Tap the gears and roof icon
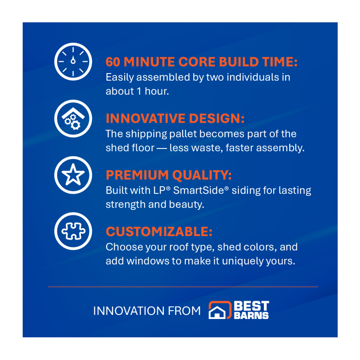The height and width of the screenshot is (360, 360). (73, 118)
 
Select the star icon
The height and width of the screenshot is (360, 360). (73, 175)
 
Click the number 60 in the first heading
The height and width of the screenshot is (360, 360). (113, 62)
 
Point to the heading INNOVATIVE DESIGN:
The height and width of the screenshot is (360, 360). (175, 118)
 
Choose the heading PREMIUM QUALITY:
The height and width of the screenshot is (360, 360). (168, 175)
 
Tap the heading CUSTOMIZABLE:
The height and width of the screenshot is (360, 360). (159, 231)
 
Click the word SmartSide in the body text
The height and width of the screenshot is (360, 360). (198, 190)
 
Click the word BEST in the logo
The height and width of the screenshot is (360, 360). (251, 306)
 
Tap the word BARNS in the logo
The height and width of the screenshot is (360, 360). (251, 316)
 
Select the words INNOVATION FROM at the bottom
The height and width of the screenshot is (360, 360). (147, 311)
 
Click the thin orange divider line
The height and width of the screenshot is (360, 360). (183, 287)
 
